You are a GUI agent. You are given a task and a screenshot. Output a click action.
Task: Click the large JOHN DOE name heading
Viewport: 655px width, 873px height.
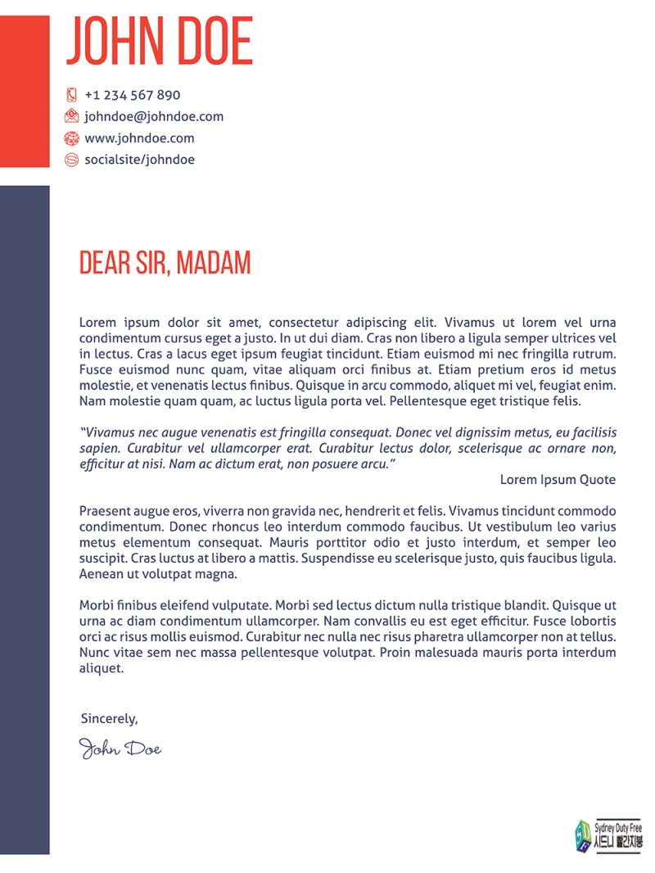(159, 41)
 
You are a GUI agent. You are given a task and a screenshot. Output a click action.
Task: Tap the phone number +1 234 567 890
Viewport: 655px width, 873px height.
(133, 95)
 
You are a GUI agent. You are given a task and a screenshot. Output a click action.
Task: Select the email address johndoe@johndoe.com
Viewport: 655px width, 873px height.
(154, 116)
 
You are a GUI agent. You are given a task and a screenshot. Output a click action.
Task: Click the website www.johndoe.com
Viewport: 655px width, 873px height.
(140, 138)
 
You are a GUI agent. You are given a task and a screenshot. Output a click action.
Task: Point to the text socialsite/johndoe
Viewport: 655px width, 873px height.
(140, 160)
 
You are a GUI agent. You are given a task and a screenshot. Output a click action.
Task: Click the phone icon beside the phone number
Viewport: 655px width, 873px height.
(71, 95)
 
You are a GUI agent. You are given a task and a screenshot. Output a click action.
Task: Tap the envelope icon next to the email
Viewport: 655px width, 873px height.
(71, 116)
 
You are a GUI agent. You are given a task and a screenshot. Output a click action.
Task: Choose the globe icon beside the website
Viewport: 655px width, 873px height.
(71, 138)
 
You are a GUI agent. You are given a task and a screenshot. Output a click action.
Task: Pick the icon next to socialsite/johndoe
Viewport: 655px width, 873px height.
(71, 160)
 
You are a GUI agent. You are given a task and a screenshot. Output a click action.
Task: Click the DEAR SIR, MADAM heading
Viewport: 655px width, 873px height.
(165, 264)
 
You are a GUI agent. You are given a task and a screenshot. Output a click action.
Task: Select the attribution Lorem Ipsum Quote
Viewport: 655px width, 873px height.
(558, 480)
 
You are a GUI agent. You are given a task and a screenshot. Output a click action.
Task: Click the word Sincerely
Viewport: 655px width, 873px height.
(109, 719)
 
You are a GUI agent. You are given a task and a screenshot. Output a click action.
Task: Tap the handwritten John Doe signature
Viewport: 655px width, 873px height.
(120, 748)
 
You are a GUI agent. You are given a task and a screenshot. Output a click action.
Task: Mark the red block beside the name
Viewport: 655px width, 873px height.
(25, 90)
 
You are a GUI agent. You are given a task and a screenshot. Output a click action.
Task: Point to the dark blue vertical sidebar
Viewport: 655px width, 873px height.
(25, 516)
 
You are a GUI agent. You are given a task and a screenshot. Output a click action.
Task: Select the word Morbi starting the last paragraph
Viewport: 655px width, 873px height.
(96, 606)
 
